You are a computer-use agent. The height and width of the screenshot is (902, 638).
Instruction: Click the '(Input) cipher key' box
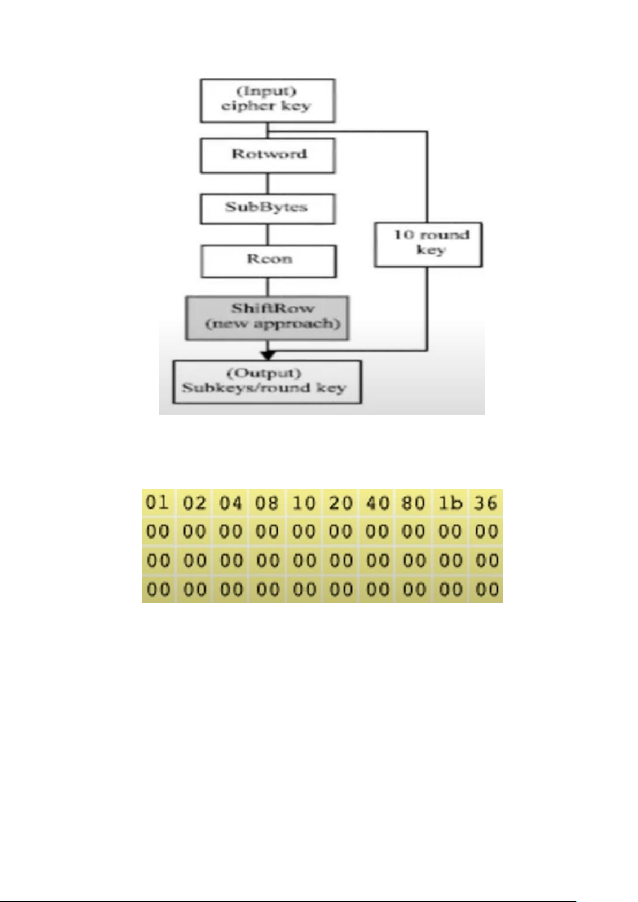(267, 101)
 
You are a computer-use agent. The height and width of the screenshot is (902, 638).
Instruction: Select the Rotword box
(267, 155)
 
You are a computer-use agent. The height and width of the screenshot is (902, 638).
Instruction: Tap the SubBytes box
(267, 208)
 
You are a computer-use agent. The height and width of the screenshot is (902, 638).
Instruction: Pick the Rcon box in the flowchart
(268, 261)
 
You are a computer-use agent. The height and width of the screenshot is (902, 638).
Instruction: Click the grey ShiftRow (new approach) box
(267, 317)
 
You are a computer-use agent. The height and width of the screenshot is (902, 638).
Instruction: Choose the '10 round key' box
(428, 244)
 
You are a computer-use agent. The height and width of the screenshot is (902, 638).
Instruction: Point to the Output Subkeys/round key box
(267, 382)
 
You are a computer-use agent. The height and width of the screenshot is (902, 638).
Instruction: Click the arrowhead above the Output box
(268, 355)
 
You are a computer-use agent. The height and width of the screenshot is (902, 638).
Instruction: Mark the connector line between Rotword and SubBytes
(268, 183)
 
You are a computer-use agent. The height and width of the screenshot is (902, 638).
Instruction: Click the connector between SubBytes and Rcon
(268, 234)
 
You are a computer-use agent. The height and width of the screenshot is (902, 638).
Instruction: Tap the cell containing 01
(158, 503)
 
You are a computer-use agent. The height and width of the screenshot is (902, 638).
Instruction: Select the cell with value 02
(194, 503)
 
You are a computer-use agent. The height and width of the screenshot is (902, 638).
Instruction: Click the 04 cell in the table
(231, 503)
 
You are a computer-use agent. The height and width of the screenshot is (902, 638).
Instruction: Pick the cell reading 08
(267, 503)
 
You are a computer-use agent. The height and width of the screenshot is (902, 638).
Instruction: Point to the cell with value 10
(303, 503)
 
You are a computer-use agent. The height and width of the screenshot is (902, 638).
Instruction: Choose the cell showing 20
(340, 503)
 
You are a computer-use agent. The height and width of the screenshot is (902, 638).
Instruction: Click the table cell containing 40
(377, 503)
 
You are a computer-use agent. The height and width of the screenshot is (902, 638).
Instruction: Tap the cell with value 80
(413, 503)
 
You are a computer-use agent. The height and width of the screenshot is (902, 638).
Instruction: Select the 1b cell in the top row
(450, 503)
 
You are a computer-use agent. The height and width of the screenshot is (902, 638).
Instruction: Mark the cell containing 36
(486, 503)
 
